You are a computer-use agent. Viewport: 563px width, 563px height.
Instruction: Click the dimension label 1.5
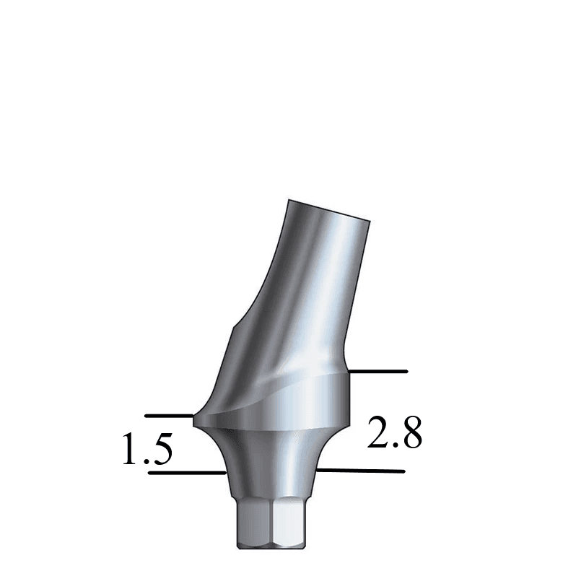pyautogui.click(x=147, y=450)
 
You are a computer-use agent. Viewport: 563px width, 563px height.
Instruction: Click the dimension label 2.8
pyautogui.click(x=394, y=433)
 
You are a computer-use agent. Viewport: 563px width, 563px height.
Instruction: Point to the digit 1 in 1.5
pyautogui.click(x=130, y=450)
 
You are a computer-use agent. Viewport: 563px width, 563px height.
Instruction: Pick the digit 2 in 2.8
pyautogui.click(x=378, y=433)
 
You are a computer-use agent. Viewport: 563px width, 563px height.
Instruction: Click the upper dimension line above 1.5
pyautogui.click(x=169, y=416)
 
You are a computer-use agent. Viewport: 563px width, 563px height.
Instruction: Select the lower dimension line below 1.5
pyautogui.click(x=186, y=473)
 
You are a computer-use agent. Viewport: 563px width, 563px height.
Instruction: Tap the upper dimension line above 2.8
pyautogui.click(x=378, y=371)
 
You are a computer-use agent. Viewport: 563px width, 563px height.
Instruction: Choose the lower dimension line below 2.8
pyautogui.click(x=361, y=471)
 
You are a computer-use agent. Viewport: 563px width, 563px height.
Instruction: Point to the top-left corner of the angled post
pyautogui.click(x=288, y=199)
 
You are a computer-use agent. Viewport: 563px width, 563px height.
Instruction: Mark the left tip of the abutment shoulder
pyautogui.click(x=193, y=416)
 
